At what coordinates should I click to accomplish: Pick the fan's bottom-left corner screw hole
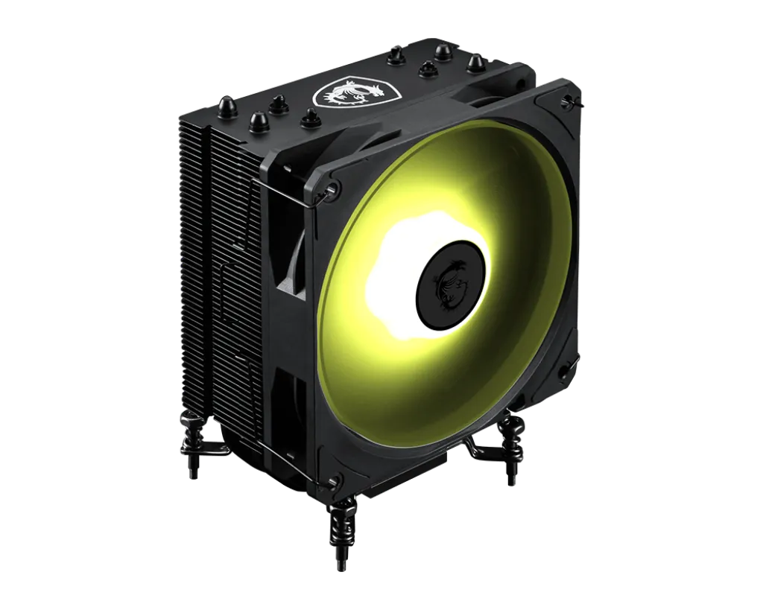click(x=335, y=477)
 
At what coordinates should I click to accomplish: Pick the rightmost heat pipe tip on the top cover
click(x=475, y=64)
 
